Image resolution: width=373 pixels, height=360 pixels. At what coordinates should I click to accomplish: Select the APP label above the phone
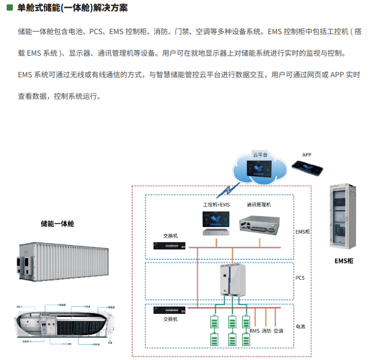pos(306,155)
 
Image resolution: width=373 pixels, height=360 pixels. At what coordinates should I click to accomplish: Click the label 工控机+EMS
pos(216,205)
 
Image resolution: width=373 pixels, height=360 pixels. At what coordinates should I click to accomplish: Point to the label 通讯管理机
pos(259,205)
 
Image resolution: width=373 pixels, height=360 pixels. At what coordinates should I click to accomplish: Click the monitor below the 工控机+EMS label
pos(215,222)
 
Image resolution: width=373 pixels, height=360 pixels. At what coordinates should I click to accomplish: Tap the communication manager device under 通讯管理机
pos(259,223)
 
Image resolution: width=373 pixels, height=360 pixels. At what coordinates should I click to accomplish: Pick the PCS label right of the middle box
pos(300,278)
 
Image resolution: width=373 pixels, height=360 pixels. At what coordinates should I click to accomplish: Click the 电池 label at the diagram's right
pos(300,327)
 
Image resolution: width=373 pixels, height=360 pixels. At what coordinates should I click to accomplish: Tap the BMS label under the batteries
pos(254,330)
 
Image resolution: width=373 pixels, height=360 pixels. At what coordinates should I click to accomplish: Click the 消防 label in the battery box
pos(266,330)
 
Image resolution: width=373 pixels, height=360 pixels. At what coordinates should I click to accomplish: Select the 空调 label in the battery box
pos(278,330)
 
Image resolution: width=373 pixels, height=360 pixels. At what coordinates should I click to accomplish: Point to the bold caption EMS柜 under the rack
pos(344,261)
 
